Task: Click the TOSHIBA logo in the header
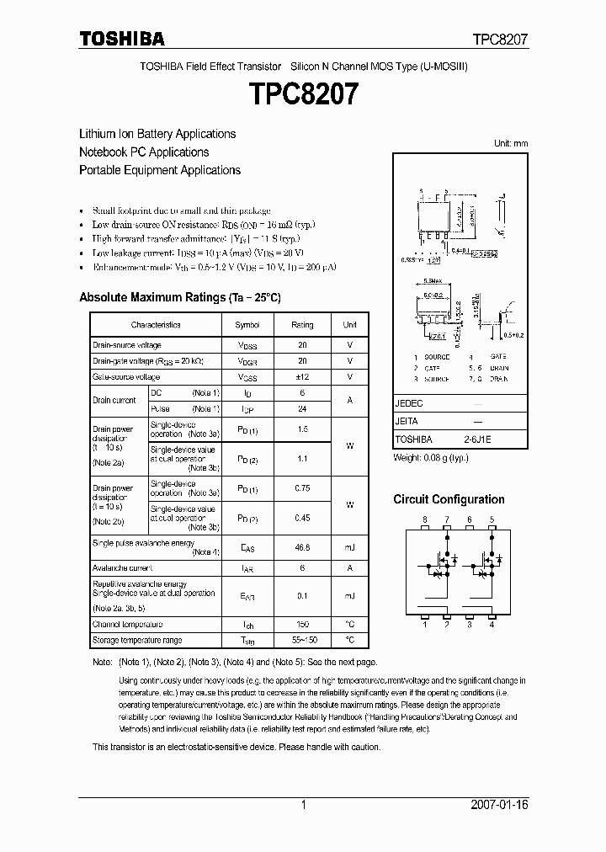pyautogui.click(x=122, y=38)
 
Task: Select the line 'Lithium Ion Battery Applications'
pyautogui.click(x=157, y=134)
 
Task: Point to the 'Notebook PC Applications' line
pyautogui.click(x=144, y=152)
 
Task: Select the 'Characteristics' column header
pyautogui.click(x=156, y=325)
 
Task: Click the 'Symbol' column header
pyautogui.click(x=247, y=325)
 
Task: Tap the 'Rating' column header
pyautogui.click(x=302, y=325)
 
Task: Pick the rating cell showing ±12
pyautogui.click(x=302, y=377)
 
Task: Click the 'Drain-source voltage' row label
pyautogui.click(x=127, y=345)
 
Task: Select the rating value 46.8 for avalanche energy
pyautogui.click(x=302, y=547)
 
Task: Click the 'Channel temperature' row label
pyautogui.click(x=127, y=625)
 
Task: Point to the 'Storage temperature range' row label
pyautogui.click(x=136, y=641)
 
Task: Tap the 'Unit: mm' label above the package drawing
pyautogui.click(x=511, y=144)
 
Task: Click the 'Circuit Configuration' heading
pyautogui.click(x=449, y=500)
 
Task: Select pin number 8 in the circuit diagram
pyautogui.click(x=425, y=519)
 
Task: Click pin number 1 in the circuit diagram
pyautogui.click(x=425, y=624)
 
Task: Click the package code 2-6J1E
pyautogui.click(x=476, y=439)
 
